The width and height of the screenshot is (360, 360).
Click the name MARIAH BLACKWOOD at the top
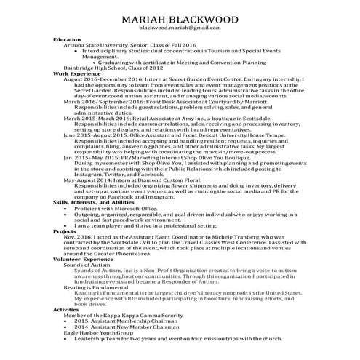tap(179, 17)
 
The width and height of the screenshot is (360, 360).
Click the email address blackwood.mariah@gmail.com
tap(179, 27)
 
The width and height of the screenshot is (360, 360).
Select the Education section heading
tap(67, 39)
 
